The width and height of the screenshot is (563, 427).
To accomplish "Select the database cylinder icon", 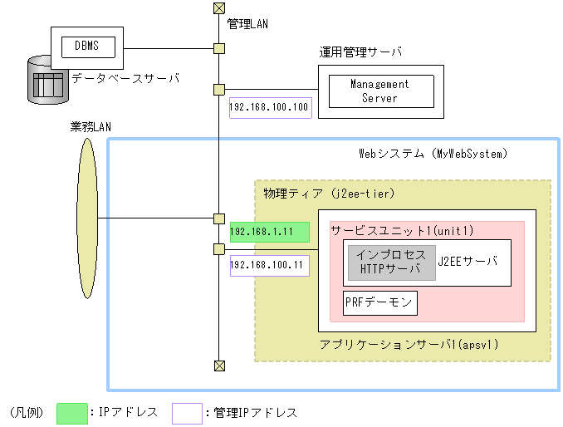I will pos(47,81).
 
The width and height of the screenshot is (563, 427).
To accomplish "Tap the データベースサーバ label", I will pos(125,79).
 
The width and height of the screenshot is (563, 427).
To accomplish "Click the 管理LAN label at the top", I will pos(248,25).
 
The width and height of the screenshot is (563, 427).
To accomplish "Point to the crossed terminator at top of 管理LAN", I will pos(218,8).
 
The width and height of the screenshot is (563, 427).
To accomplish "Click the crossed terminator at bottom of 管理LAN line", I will pos(218,365).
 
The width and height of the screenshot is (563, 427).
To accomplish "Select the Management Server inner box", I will pos(379,91).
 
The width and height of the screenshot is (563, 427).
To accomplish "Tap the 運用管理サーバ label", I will pos(360,52).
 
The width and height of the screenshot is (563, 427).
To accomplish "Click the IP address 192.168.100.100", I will pos(269,106).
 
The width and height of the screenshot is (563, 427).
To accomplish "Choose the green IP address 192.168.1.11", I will pos(269,233).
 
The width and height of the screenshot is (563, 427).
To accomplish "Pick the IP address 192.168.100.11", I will pos(269,265).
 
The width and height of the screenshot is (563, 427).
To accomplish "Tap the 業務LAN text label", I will pos(91,126).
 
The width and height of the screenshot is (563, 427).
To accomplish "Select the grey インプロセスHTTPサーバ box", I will pos(391,263).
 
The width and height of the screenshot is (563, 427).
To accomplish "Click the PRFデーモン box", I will pos(379,303).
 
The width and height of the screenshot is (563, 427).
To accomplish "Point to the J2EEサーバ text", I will pos(468,261).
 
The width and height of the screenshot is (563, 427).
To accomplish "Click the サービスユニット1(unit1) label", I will pos(390,230).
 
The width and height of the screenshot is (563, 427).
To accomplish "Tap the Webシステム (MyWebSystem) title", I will pos(433,154).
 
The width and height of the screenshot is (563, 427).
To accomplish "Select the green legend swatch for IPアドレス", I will pos(72,412).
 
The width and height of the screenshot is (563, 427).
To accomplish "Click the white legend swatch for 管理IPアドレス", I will pos(187,412).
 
